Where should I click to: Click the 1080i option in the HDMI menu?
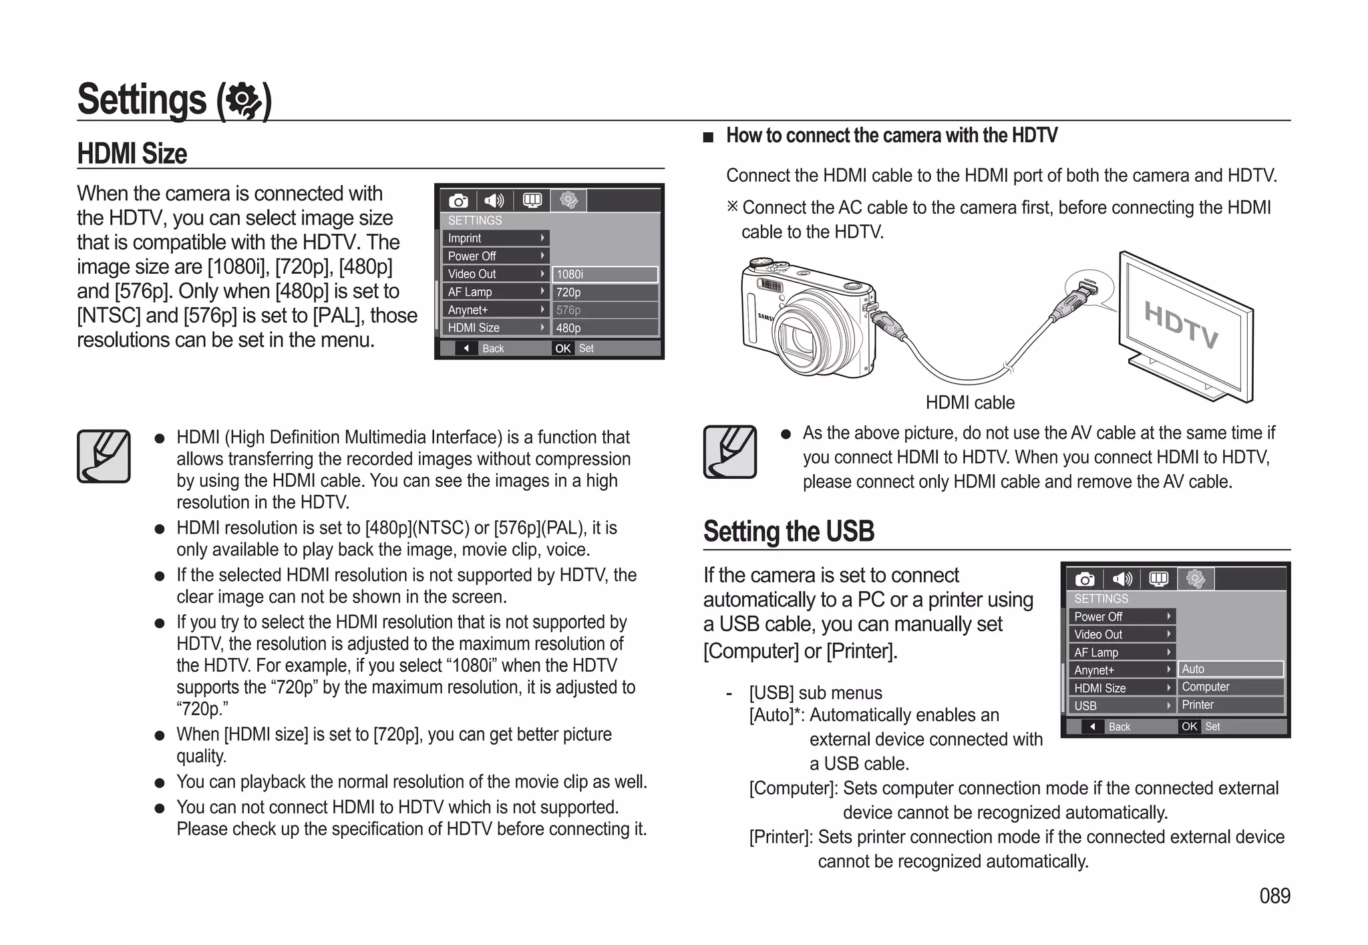point(605,274)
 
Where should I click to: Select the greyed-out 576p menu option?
point(605,310)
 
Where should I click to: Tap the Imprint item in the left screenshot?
point(495,238)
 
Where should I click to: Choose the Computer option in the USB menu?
point(1230,687)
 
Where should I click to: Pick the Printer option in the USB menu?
point(1230,705)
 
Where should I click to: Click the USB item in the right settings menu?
point(1120,706)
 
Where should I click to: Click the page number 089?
point(1274,896)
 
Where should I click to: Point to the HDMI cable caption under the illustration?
point(970,403)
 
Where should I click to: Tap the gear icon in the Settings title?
point(243,101)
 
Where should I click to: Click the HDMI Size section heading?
point(132,154)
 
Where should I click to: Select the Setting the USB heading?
point(788,532)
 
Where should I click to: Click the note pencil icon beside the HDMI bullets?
point(104,456)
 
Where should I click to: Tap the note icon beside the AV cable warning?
point(729,452)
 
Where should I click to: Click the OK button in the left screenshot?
point(563,349)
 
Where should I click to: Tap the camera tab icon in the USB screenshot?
point(1085,579)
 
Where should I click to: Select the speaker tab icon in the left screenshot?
point(494,201)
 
